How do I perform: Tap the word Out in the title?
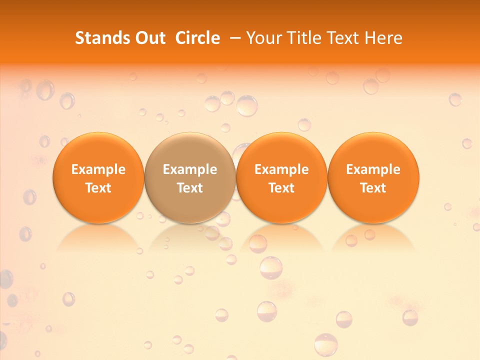149,38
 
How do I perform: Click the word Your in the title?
264,38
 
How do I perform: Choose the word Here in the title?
383,38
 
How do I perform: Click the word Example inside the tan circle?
190,169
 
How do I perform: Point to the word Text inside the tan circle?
190,188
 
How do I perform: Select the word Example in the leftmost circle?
98,169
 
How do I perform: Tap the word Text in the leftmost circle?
98,188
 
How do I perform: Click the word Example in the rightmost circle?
373,169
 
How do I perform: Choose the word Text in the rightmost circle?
373,188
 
